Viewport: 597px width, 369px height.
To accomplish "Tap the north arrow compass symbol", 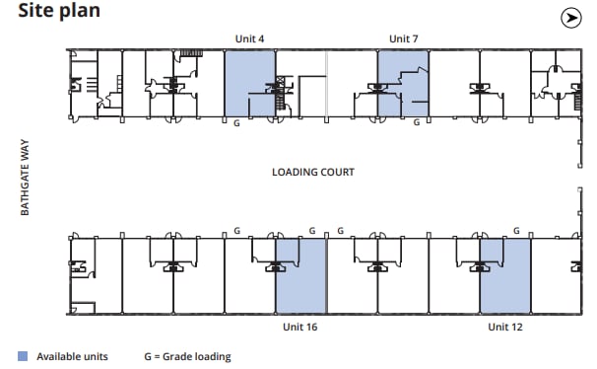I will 570,17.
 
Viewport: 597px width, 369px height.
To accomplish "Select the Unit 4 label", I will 249,38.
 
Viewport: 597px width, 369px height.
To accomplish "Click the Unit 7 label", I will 404,38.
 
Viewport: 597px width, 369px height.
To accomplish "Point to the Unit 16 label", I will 299,327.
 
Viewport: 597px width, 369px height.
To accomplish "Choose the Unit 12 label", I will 504,327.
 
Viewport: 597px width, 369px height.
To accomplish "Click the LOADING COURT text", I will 313,172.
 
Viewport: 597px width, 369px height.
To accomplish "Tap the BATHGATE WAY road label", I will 27,177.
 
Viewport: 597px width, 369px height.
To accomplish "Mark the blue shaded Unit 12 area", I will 505,281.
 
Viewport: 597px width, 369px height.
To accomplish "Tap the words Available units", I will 72,356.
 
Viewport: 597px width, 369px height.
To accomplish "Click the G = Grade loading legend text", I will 187,356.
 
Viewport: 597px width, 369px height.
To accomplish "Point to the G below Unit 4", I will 236,123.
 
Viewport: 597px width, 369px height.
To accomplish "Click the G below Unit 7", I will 416,123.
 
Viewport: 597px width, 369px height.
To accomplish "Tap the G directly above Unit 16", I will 312,231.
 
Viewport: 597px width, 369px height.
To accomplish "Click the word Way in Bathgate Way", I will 27,151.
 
